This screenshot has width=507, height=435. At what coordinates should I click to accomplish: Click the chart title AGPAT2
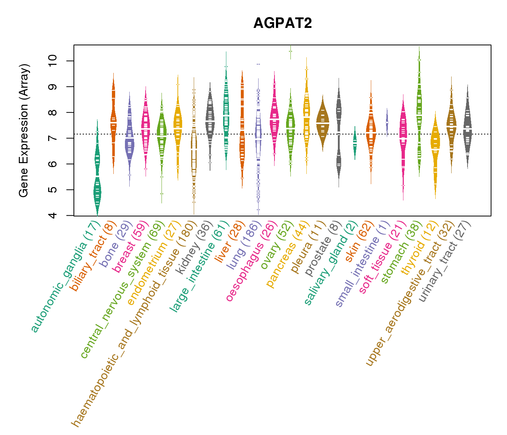[282, 23]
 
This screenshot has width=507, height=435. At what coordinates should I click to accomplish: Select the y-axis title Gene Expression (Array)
[24, 131]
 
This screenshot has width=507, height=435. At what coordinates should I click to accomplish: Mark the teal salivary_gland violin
[355, 143]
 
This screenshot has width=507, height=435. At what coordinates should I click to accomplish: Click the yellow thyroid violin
[435, 145]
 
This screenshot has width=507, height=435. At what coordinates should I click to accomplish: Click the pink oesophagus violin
[275, 116]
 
